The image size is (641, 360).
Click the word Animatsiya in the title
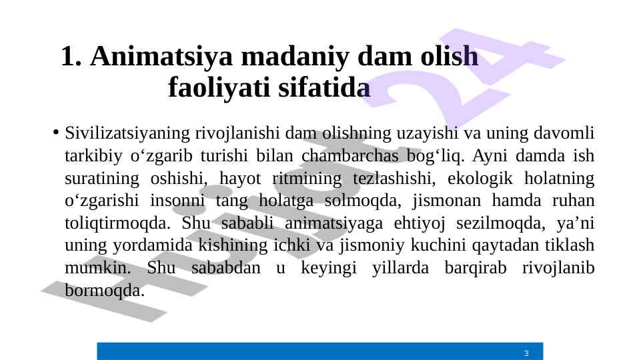tap(161, 57)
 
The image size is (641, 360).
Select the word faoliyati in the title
tap(219, 88)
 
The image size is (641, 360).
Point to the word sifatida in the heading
tap(324, 87)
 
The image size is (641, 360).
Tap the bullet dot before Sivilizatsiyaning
tap(56, 133)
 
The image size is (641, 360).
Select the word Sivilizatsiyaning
tap(127, 133)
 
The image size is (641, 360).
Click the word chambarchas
tap(350, 156)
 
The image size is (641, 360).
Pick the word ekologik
tap(480, 179)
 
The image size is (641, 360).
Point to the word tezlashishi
tap(392, 178)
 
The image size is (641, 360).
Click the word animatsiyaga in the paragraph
tap(334, 223)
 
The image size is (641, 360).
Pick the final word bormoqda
tap(105, 291)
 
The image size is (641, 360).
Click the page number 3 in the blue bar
tap(526, 353)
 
